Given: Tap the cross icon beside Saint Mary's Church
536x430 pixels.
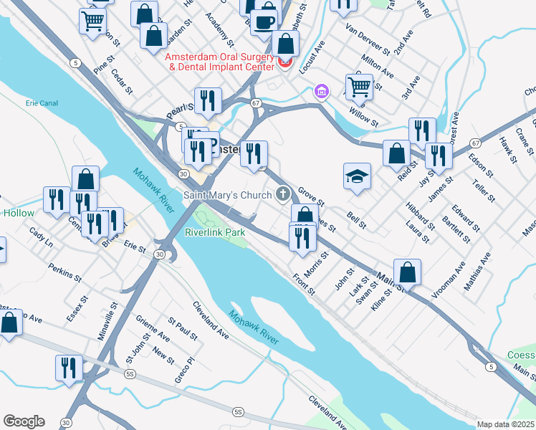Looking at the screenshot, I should coord(283,194).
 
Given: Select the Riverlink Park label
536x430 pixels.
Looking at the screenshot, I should coord(215,232).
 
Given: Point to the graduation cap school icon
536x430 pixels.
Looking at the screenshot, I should coord(356,176).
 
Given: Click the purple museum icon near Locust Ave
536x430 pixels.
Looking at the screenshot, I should coord(321,92).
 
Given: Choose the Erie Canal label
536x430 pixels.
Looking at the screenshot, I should coord(41,103).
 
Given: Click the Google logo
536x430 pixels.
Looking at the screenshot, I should coord(24,421).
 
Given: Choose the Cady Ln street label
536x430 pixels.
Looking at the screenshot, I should coord(41,237).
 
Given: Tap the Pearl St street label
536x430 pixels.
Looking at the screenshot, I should coord(180,107).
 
